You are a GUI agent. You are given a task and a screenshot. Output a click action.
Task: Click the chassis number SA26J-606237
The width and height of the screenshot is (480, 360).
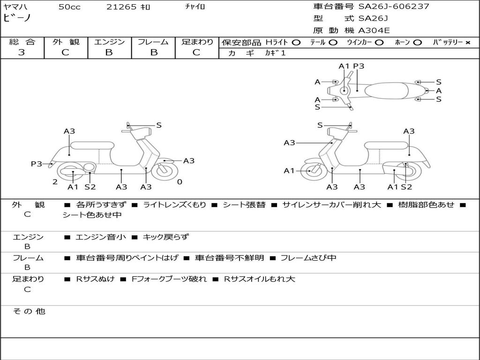point(394,7)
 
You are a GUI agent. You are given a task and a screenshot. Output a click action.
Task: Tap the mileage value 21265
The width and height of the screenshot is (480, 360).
point(121,7)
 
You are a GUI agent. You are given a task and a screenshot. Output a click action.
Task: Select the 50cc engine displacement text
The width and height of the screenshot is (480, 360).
point(69,7)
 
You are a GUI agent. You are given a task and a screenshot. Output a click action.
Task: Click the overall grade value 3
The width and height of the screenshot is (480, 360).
point(22,52)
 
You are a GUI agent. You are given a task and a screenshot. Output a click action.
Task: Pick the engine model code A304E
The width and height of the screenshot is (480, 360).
point(374,31)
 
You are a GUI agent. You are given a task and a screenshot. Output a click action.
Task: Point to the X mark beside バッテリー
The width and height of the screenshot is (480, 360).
point(467,43)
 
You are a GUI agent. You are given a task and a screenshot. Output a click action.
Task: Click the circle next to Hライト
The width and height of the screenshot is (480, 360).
point(296,43)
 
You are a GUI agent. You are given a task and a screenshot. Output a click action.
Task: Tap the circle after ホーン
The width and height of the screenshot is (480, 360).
point(418,43)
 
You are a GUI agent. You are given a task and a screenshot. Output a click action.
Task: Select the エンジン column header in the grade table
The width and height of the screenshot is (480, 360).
point(109,42)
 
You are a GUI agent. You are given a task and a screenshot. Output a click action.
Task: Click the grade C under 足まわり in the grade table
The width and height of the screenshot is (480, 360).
point(196,52)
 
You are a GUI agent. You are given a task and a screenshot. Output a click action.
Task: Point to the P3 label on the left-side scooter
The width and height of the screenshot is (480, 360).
point(36,164)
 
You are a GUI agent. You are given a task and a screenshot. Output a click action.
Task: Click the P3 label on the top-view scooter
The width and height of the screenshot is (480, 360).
point(359,66)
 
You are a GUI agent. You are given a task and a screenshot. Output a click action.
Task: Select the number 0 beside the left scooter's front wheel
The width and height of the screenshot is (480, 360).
point(180,182)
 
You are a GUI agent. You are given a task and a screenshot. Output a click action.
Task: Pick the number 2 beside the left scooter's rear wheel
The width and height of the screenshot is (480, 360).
point(55,182)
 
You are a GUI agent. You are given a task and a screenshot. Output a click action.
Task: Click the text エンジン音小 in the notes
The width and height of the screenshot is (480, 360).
point(101,237)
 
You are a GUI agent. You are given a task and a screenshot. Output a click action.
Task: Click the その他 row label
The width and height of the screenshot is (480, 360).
point(29,311)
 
